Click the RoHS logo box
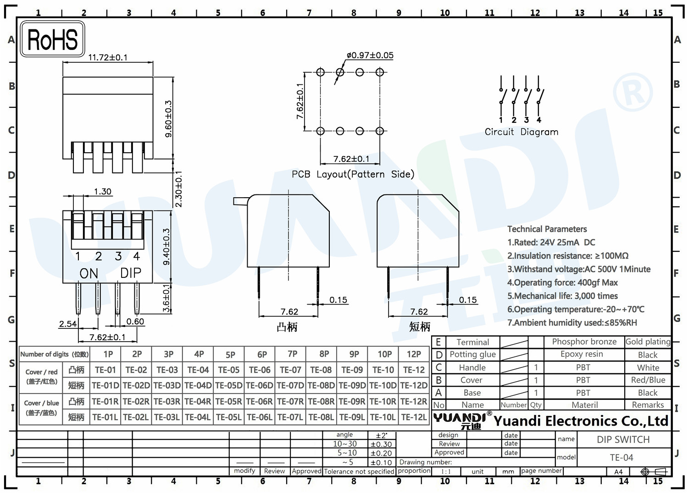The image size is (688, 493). pyautogui.click(x=52, y=39)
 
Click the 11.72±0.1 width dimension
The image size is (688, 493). pyautogui.click(x=108, y=57)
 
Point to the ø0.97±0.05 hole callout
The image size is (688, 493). pyautogui.click(x=370, y=55)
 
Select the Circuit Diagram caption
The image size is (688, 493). pyautogui.click(x=522, y=132)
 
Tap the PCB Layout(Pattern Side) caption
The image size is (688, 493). pyautogui.click(x=353, y=174)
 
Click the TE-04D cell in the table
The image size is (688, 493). pyautogui.click(x=198, y=386)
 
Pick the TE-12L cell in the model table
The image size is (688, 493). pyautogui.click(x=414, y=417)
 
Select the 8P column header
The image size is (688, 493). pyautogui.click(x=324, y=354)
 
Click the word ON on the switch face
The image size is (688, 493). pyautogui.click(x=89, y=273)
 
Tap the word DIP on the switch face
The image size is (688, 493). pyautogui.click(x=131, y=273)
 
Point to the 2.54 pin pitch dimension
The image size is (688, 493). pyautogui.click(x=68, y=324)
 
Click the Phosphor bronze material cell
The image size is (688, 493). pyautogui.click(x=584, y=342)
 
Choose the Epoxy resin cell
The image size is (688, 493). pyautogui.click(x=582, y=354)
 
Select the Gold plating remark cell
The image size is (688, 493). pyautogui.click(x=648, y=342)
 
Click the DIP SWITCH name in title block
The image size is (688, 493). pyautogui.click(x=623, y=439)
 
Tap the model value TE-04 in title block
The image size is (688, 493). pyautogui.click(x=621, y=458)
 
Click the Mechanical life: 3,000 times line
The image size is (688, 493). pyautogui.click(x=563, y=296)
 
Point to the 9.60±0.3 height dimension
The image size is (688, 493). pyautogui.click(x=168, y=119)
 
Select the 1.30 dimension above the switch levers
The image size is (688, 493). pyautogui.click(x=103, y=192)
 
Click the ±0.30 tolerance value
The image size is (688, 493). pyautogui.click(x=381, y=444)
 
